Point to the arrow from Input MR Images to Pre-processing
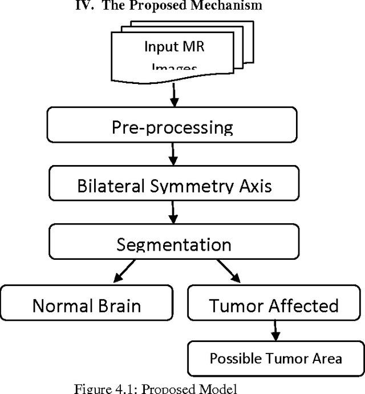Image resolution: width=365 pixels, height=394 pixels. tap(175, 94)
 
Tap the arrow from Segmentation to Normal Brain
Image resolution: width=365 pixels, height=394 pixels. tap(124, 271)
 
